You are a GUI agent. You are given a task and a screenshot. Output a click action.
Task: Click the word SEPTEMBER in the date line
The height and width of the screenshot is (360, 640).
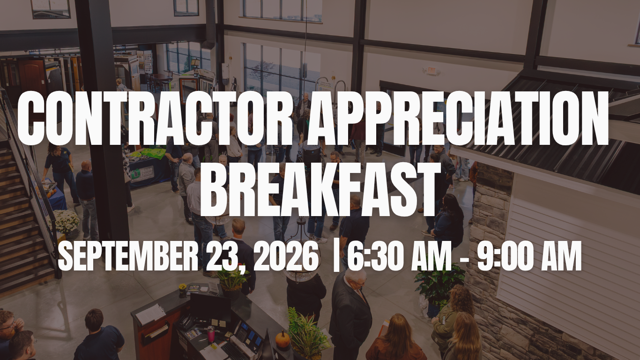tap(128, 256)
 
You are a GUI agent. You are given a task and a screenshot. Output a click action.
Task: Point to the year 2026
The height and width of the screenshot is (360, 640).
tap(286, 256)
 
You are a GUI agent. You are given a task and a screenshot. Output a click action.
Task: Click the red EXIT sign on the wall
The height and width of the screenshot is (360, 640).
tap(431, 71)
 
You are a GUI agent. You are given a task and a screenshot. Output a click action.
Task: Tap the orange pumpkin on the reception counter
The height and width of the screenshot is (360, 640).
tap(283, 339)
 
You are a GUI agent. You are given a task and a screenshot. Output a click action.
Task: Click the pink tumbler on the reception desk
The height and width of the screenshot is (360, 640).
tap(210, 334)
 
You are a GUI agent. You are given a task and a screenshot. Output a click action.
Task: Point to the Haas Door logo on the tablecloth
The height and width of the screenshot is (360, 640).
tap(142, 173)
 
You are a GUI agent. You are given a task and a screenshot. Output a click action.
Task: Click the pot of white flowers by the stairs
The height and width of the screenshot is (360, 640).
tap(65, 222)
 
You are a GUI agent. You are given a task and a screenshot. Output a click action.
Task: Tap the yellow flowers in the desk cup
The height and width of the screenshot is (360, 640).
tap(183, 286)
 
